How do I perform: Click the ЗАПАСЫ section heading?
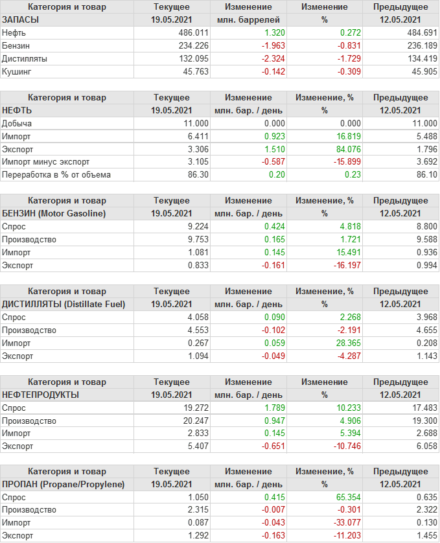(x=21, y=19)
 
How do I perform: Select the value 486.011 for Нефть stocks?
(x=193, y=32)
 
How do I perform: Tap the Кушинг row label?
(x=16, y=71)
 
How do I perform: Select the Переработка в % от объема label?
(x=56, y=174)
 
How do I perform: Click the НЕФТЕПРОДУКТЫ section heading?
(x=41, y=395)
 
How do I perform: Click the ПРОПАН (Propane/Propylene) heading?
(x=64, y=484)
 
